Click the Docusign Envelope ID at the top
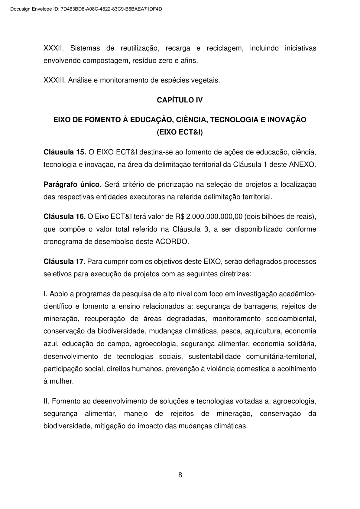coord(86,9)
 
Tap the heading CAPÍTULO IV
coord(180,100)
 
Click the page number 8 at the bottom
coord(180,475)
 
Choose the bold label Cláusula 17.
coord(65,261)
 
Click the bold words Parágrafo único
coord(72,184)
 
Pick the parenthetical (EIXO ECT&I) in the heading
coord(180,132)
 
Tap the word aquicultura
coord(263,331)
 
